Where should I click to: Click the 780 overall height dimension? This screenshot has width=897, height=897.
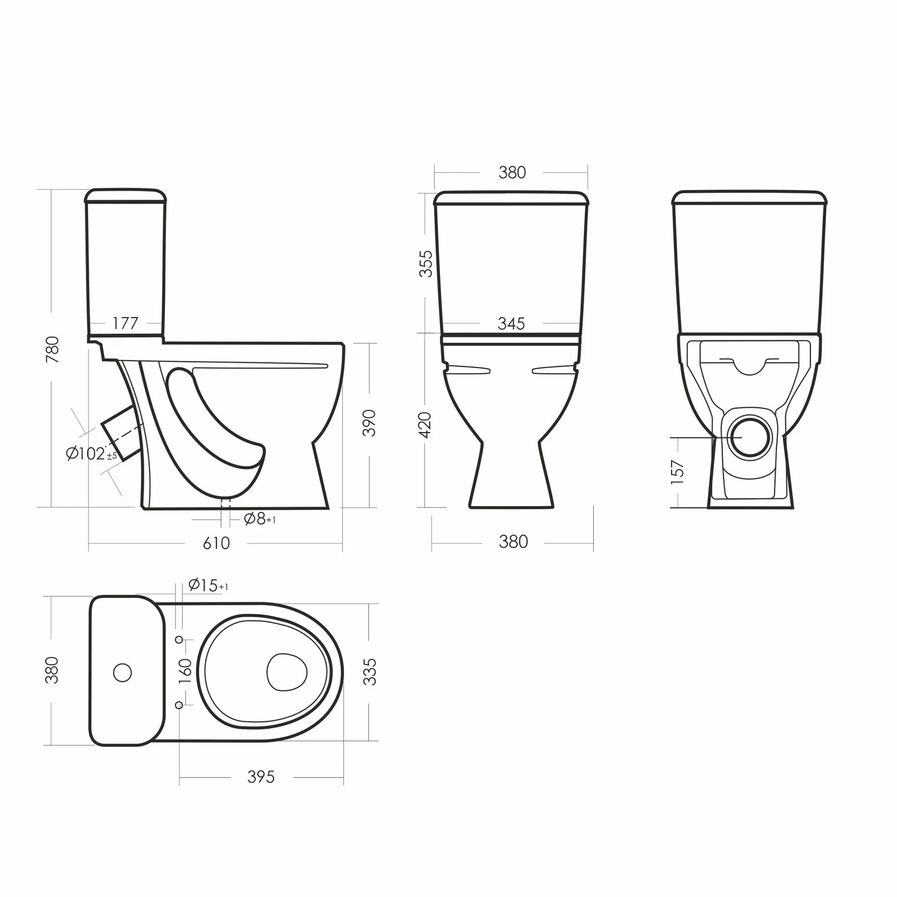coord(52,350)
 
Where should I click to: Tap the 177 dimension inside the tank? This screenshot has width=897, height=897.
coord(125,323)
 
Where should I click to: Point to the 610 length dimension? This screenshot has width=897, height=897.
coord(216,543)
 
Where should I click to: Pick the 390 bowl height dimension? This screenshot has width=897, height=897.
coord(369,423)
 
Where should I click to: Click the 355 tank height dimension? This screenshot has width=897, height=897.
coord(426,264)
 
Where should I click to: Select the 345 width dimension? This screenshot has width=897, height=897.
coord(512,324)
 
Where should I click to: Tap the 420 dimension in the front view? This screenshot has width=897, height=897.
coord(426,426)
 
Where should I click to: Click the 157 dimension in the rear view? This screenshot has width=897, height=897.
coord(678,472)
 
